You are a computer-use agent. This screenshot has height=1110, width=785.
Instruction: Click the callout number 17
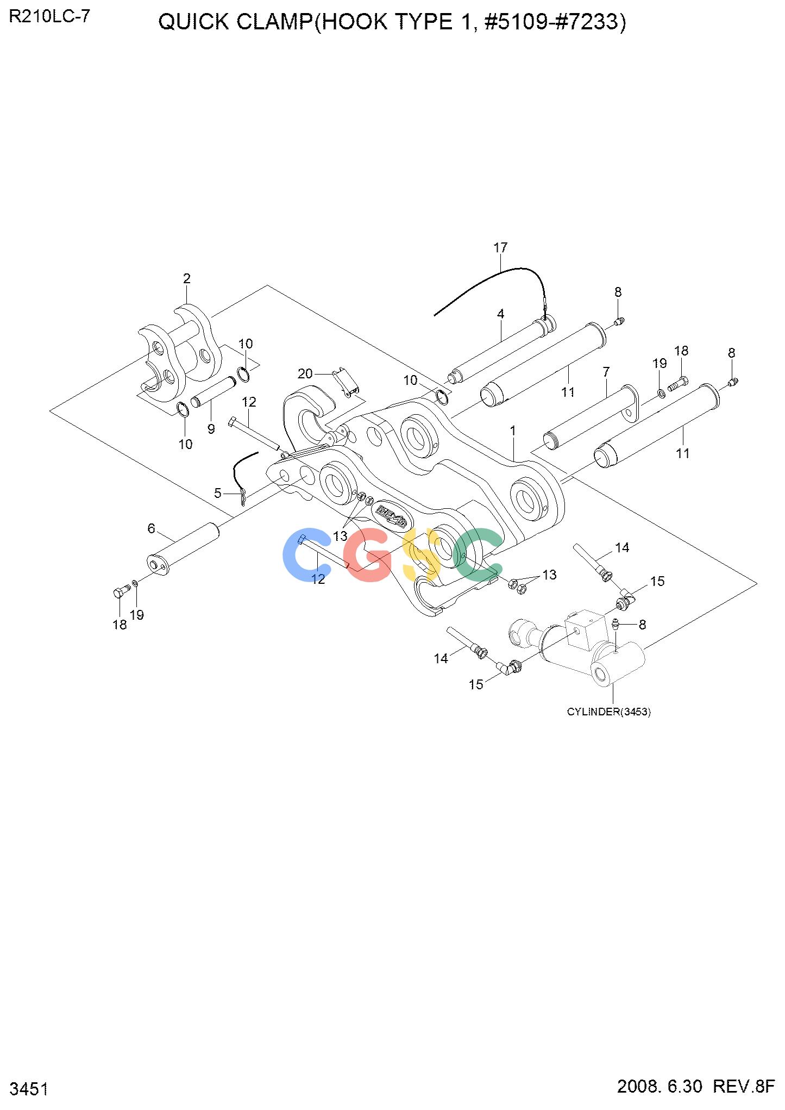[x=500, y=248]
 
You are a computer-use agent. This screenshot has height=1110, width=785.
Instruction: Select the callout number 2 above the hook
[x=187, y=279]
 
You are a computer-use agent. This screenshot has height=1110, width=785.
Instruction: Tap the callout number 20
[x=305, y=373]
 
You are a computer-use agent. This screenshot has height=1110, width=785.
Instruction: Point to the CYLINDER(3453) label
[x=609, y=712]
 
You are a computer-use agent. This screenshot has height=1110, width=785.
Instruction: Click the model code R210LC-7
[x=49, y=17]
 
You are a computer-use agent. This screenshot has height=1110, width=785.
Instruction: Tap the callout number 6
[x=152, y=528]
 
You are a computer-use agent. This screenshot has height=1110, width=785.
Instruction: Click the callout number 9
[x=211, y=429]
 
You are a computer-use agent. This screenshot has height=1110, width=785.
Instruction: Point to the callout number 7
[x=606, y=372]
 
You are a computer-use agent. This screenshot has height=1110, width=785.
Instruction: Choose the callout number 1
[x=513, y=431]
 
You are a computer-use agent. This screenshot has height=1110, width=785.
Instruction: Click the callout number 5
[x=218, y=493]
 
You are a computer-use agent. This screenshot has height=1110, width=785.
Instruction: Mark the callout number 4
[x=500, y=314]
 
